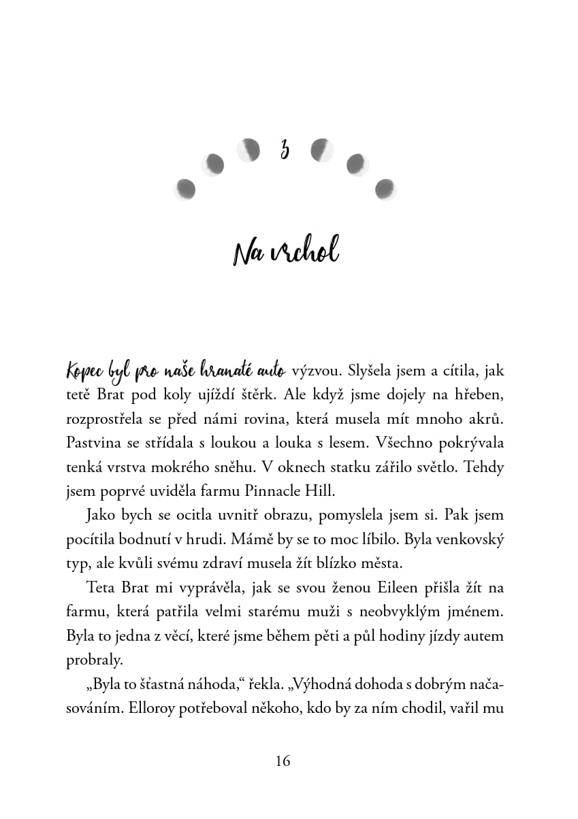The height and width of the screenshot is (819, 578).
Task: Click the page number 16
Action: click(283, 761)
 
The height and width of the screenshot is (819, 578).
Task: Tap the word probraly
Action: click(95, 661)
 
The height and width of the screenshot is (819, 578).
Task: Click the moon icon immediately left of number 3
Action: click(248, 150)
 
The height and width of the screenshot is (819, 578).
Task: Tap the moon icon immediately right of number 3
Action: click(321, 150)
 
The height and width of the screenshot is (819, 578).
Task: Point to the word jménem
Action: click(477, 612)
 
